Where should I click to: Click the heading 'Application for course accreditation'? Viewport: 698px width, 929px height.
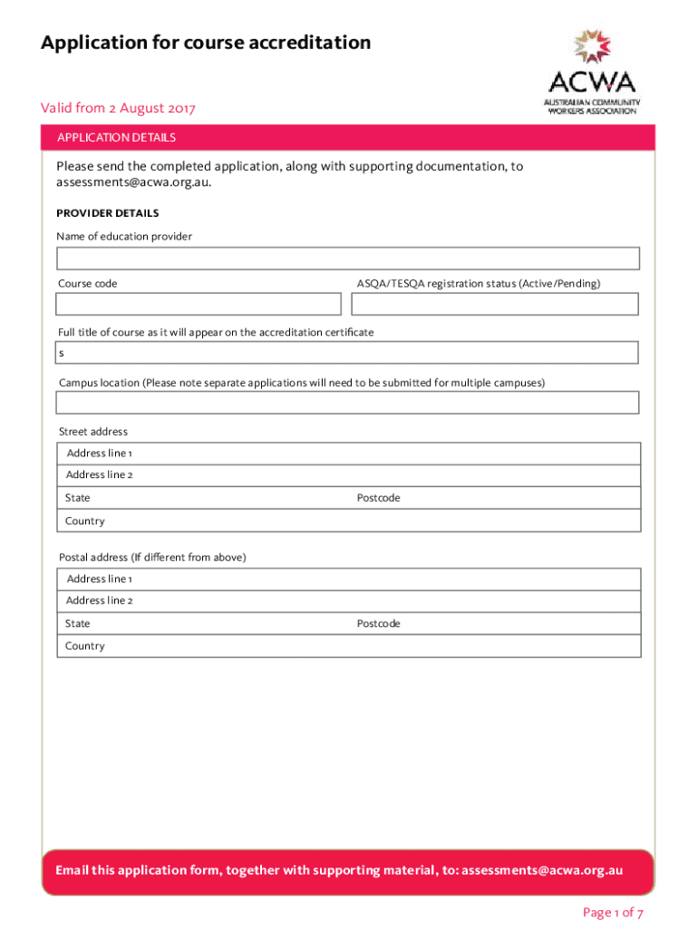click(206, 43)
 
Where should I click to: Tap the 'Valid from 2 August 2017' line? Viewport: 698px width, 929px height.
click(118, 109)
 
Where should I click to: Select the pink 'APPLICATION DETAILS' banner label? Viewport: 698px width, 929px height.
click(116, 138)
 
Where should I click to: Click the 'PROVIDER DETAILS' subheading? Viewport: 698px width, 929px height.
click(108, 213)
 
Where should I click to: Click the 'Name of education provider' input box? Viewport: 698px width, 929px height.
click(348, 259)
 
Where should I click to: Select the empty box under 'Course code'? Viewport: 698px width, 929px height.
click(199, 304)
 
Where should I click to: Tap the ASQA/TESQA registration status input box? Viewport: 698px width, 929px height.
click(497, 304)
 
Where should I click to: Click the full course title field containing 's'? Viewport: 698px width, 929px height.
click(348, 352)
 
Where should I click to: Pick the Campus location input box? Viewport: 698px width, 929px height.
click(348, 402)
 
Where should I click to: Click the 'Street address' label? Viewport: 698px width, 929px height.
click(93, 432)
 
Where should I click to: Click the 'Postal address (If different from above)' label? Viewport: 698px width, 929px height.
click(152, 557)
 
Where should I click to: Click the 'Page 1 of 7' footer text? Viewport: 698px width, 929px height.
click(613, 913)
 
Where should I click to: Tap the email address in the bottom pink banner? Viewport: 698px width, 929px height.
click(542, 870)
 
